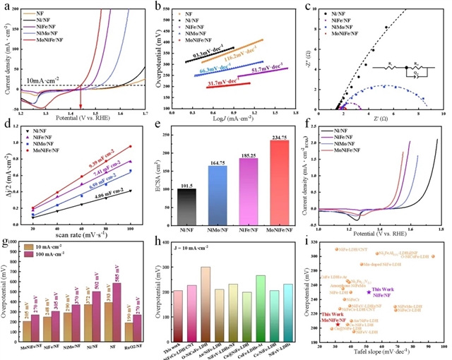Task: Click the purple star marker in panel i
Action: pos(369,292)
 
